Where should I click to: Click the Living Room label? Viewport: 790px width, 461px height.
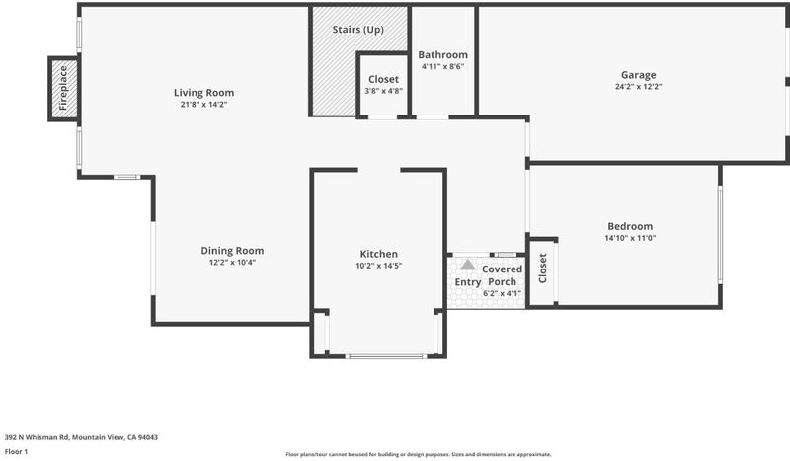[203, 93]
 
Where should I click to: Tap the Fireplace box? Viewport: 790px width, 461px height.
[64, 89]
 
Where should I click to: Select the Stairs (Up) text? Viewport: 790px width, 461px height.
[357, 30]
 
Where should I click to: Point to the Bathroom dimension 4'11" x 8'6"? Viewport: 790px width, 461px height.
[442, 66]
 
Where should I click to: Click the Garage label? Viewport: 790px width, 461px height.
[638, 75]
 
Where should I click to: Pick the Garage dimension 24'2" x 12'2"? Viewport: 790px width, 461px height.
[638, 87]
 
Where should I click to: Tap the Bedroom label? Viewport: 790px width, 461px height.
[630, 226]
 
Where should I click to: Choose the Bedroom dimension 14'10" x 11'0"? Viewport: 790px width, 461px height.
[630, 238]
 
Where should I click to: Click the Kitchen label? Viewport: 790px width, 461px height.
[379, 254]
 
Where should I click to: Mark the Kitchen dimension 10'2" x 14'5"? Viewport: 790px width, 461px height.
[379, 266]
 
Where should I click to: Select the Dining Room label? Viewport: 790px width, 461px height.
[232, 251]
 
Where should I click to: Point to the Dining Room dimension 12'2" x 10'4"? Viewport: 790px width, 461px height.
[232, 263]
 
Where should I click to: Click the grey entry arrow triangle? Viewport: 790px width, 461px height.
[467, 265]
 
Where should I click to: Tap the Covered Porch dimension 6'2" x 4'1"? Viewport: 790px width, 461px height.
[502, 293]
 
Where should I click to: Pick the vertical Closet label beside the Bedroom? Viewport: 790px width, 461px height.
[542, 269]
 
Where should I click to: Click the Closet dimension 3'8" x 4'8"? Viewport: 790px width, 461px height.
[383, 91]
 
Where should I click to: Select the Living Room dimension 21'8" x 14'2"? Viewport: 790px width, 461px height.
[203, 105]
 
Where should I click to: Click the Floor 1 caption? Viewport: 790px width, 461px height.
[16, 451]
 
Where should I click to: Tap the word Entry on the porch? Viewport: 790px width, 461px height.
[467, 282]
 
